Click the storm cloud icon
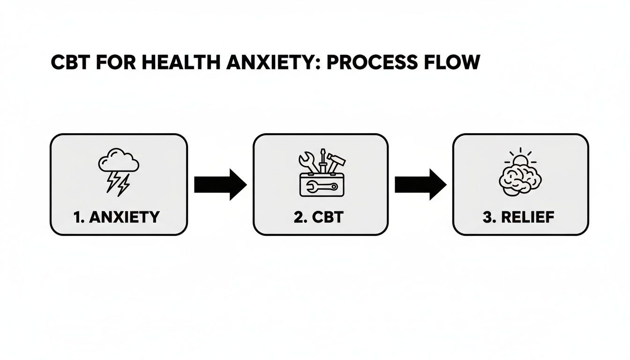pos(118,162)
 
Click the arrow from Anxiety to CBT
pos(220,185)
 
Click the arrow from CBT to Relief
pos(420,185)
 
